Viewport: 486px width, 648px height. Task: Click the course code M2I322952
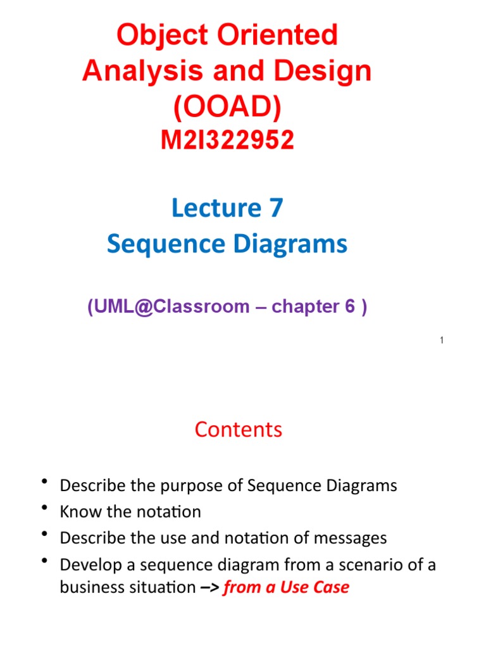pos(227,140)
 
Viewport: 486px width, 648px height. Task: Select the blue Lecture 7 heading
pos(227,208)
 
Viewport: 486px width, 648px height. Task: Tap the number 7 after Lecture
pos(275,208)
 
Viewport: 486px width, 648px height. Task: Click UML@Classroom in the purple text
pos(168,307)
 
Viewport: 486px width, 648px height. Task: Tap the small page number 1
pos(442,341)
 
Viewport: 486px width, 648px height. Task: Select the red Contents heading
pos(239,430)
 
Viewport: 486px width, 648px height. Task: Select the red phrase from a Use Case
pos(286,588)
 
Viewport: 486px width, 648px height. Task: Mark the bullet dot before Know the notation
pos(45,509)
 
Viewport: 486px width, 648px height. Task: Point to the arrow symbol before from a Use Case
pos(211,588)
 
